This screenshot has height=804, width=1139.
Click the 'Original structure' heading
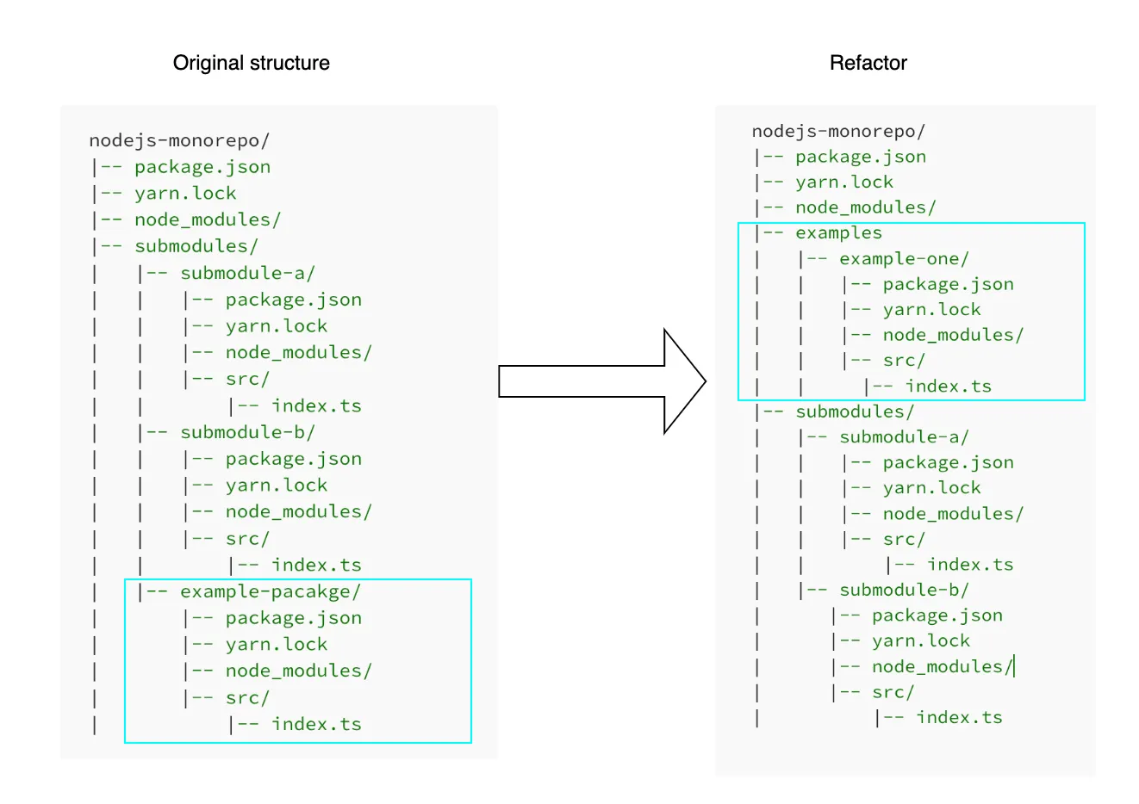point(251,63)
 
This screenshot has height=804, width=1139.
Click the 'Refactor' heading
point(868,63)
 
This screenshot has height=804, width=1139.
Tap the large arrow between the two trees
point(603,381)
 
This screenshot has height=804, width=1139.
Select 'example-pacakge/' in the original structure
point(270,591)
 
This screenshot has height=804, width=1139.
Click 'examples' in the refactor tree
point(838,232)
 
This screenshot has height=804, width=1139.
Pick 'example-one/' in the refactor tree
point(904,258)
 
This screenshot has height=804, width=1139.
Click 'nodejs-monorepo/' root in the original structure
point(179,140)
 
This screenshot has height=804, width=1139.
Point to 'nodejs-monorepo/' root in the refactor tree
point(838,131)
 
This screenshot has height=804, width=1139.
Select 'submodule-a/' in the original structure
point(247,273)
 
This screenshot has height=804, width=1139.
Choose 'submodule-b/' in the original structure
point(247,432)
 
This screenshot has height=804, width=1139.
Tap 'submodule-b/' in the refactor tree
point(904,590)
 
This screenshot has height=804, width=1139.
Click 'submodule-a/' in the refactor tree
point(904,436)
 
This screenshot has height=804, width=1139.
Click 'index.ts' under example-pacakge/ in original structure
point(316,724)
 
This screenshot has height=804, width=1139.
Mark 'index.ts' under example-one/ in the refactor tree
point(948,386)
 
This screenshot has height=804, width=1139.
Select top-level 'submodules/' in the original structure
point(196,246)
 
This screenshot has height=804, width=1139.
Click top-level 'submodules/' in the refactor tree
point(854,411)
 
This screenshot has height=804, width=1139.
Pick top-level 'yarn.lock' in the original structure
point(185,193)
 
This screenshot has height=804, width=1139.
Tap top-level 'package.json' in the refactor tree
point(861,157)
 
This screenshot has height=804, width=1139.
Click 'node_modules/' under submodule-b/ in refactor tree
point(942,666)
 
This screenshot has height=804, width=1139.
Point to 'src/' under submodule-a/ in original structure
point(247,379)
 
